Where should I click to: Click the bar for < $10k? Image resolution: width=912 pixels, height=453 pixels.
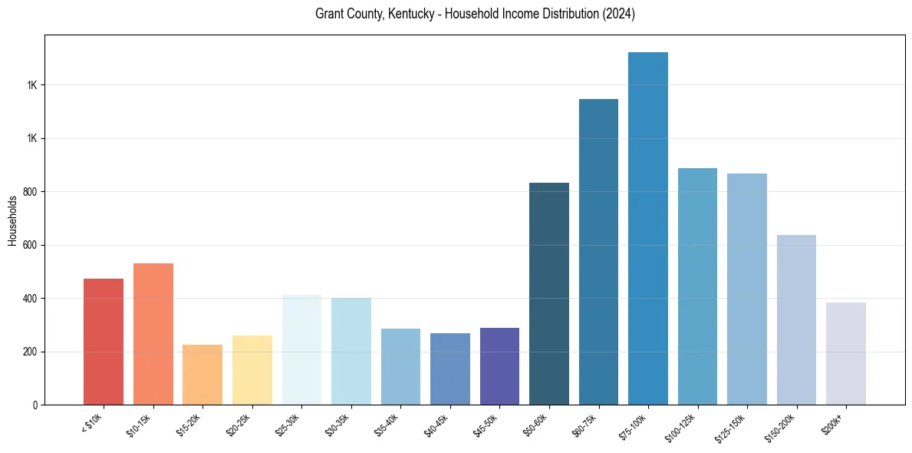(104, 342)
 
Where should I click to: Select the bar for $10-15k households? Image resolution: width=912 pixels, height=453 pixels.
(153, 334)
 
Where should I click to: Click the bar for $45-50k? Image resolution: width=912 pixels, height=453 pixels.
(499, 366)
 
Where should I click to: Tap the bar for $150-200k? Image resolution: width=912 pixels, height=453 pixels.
(796, 319)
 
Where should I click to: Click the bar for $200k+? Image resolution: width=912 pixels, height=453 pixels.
(846, 353)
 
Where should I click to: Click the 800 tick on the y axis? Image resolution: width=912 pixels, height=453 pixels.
(30, 192)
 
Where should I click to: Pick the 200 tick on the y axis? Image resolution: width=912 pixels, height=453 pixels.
(30, 352)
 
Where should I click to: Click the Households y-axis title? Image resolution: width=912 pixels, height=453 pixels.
(12, 220)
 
